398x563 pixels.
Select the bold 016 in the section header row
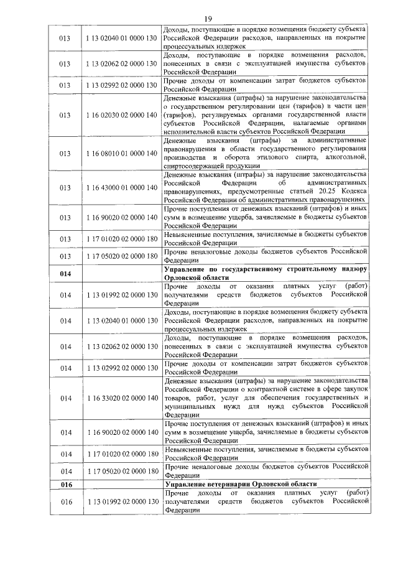tap(65, 483)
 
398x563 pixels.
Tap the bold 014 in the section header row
tap(65, 273)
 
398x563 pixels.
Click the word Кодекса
tap(354, 192)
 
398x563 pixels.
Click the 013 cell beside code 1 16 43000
tap(65, 187)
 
